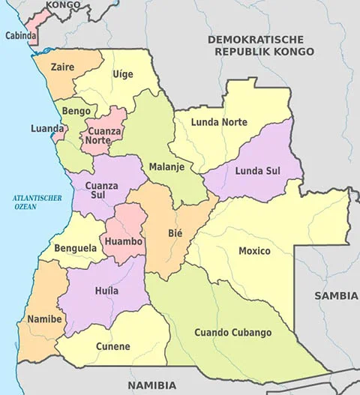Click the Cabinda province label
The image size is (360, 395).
pyautogui.click(x=21, y=35)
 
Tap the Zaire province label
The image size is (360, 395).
pyautogui.click(x=62, y=67)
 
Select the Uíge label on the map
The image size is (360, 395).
pyautogui.click(x=122, y=73)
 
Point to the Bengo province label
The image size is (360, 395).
pyautogui.click(x=76, y=111)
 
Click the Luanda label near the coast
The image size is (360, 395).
pyautogui.click(x=47, y=128)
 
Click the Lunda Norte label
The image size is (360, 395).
pyautogui.click(x=218, y=121)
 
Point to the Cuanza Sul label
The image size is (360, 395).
pyautogui.click(x=101, y=190)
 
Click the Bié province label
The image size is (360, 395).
pyautogui.click(x=175, y=233)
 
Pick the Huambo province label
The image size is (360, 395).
pyautogui.click(x=124, y=241)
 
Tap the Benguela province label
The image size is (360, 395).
pyautogui.click(x=75, y=247)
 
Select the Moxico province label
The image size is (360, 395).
pyautogui.click(x=254, y=250)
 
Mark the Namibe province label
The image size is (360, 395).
pyautogui.click(x=44, y=319)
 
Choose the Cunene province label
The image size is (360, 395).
pyautogui.click(x=113, y=346)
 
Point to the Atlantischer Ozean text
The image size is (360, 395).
pyautogui.click(x=36, y=202)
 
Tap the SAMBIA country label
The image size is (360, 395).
pyautogui.click(x=336, y=295)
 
